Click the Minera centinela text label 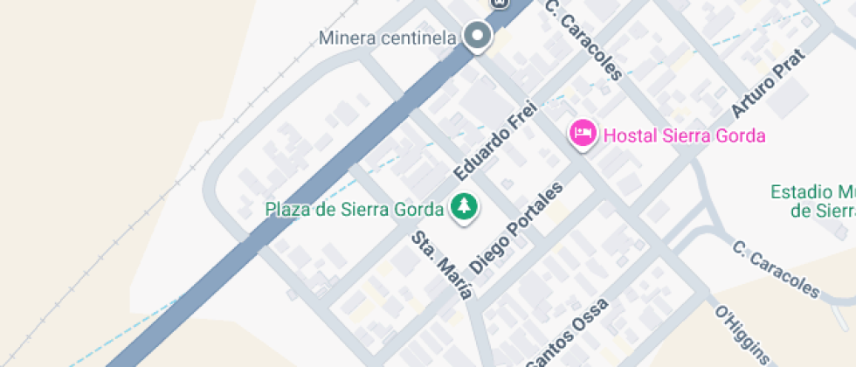click(x=388, y=38)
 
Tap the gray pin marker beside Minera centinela click(x=477, y=36)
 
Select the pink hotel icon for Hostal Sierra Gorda click(x=583, y=134)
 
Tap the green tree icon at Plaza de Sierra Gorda click(x=464, y=208)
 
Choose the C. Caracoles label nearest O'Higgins click(x=776, y=269)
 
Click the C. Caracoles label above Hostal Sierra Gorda click(x=583, y=39)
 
